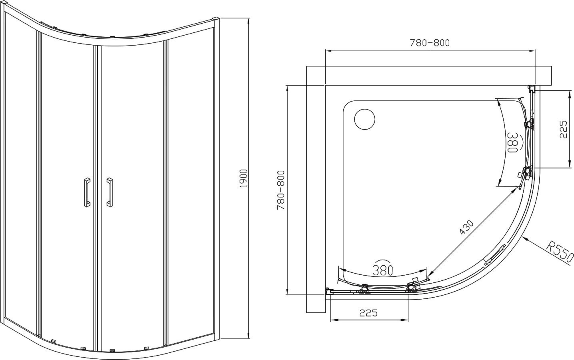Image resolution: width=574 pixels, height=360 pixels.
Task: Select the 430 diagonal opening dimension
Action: tap(466, 227)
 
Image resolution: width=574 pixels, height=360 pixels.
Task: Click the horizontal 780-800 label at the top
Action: tap(430, 43)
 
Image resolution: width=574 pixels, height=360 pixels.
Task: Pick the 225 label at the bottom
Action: tap(368, 313)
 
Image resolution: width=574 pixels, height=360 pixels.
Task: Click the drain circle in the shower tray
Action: tap(365, 119)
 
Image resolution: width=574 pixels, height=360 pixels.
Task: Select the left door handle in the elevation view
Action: tap(87, 192)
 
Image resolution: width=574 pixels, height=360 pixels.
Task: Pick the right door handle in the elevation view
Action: tap(110, 192)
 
